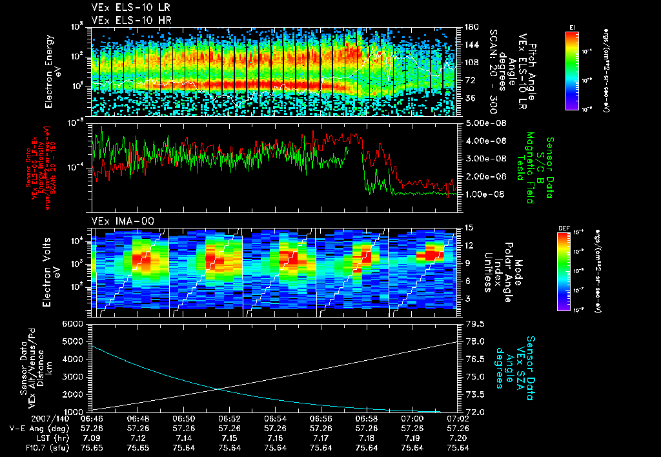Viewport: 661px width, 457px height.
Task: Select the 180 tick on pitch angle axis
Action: (x=470, y=27)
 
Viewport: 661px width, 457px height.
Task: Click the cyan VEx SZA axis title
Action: (x=509, y=363)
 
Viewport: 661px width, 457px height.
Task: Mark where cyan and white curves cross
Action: (x=218, y=389)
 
